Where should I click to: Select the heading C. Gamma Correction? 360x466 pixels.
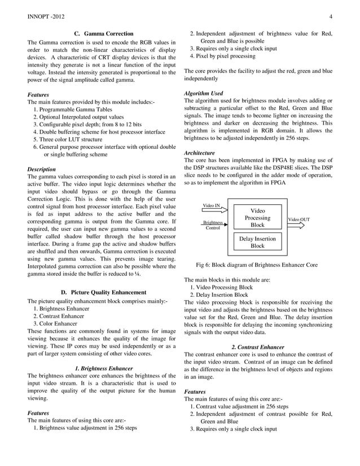point(104,34)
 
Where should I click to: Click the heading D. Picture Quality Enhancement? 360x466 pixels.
point(103,292)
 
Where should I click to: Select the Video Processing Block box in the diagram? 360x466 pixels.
point(257,218)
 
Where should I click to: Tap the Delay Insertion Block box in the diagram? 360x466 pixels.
point(257,242)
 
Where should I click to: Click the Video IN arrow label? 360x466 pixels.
point(211,206)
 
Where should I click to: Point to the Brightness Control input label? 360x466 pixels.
point(213,225)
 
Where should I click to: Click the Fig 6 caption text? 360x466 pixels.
point(256,265)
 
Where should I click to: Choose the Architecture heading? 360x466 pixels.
point(200,153)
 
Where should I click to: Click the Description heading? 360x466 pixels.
point(42,169)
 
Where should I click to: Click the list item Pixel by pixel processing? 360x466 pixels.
point(222,56)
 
